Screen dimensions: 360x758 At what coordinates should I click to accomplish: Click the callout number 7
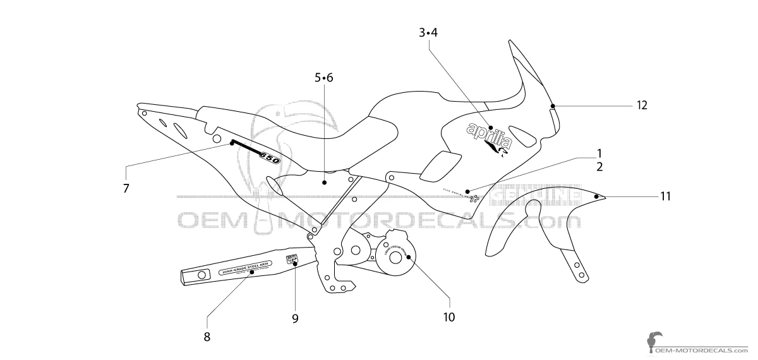(x=126, y=188)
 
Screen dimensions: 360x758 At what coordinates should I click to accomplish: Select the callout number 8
(x=207, y=337)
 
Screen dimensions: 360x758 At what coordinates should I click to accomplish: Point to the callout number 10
(x=448, y=317)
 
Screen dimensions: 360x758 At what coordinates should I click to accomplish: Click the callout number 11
(x=665, y=196)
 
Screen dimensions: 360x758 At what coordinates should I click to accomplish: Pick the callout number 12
(x=624, y=105)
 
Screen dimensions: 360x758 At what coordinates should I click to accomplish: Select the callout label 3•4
(x=428, y=33)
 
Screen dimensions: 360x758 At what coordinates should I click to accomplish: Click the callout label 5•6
(x=323, y=78)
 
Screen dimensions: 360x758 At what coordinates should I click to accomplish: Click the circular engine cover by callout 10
(x=395, y=256)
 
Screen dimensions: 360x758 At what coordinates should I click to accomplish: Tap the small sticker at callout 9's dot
(x=292, y=258)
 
